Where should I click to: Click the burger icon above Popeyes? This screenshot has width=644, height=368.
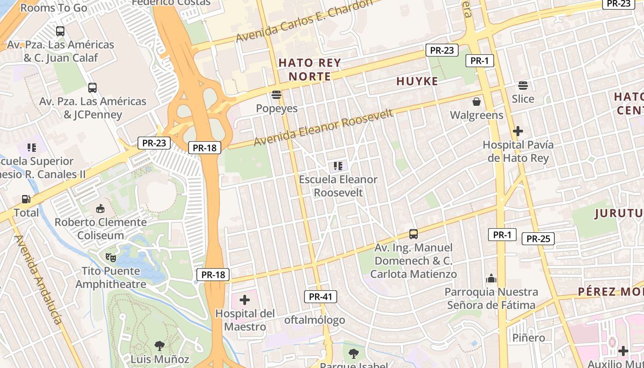coord(276,95)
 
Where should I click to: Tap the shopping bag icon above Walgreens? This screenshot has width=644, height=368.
coord(477,101)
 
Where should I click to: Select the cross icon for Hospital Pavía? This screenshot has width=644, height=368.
coord(517,131)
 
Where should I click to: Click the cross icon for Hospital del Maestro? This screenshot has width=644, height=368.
coord(245,300)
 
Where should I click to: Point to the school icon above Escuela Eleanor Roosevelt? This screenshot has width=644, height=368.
coord(338,166)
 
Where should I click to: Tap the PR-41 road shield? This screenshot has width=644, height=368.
coord(321,297)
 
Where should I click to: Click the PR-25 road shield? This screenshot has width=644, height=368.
coord(538,239)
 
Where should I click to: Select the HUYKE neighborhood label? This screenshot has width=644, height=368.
coord(417,81)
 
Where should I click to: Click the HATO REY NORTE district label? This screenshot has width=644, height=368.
coord(310,69)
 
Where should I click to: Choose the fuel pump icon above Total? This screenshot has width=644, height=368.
coord(26,199)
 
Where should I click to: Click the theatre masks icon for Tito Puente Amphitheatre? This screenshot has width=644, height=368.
coord(110,257)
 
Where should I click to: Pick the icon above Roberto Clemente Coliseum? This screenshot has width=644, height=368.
coord(100,209)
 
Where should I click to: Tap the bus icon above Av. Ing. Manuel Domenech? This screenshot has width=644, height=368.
coord(414,234)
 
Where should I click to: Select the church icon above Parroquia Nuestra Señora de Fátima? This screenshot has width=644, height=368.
coord(491,278)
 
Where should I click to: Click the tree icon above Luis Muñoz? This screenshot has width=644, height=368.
coord(159,345)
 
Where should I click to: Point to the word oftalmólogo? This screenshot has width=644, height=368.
coord(315,320)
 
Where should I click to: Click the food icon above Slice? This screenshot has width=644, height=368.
coord(523,86)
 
